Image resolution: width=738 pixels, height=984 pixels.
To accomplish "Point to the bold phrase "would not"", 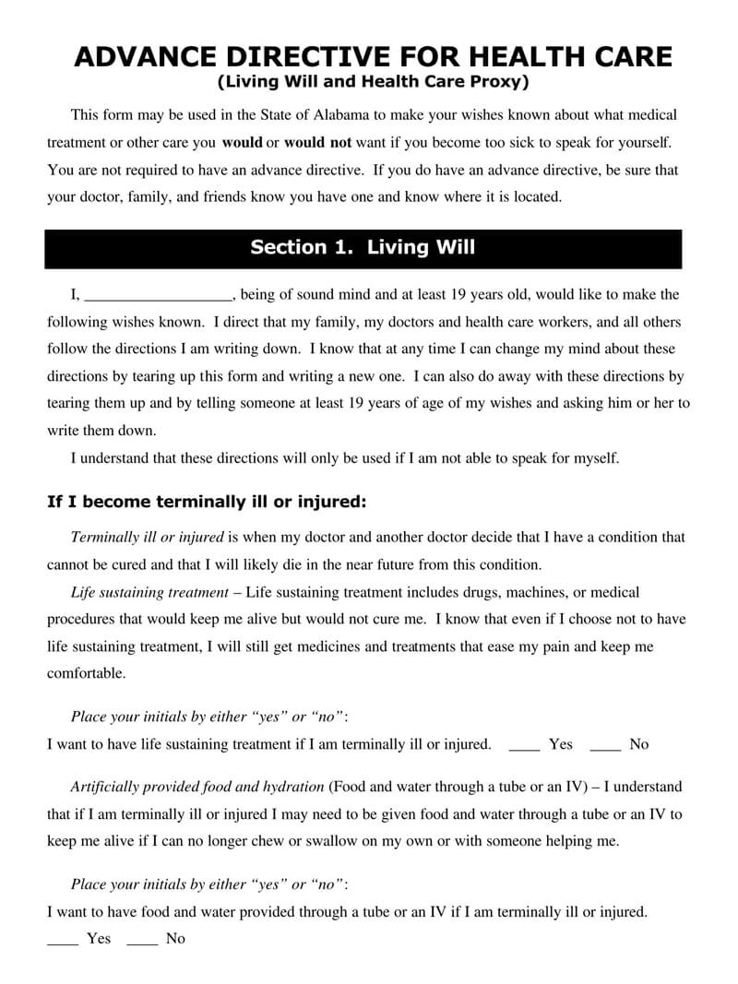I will [x=317, y=143].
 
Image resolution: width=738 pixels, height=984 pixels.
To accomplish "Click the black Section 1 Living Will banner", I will [x=363, y=248].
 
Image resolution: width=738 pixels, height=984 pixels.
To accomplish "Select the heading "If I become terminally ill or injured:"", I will [x=207, y=503].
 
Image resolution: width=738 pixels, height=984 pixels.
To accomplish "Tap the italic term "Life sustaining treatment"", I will [x=149, y=592].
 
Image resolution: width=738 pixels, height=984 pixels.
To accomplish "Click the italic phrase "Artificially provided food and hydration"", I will [x=197, y=787].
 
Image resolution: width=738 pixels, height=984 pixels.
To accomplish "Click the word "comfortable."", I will [x=86, y=673].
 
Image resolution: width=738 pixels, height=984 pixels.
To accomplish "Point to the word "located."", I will [x=533, y=197].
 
